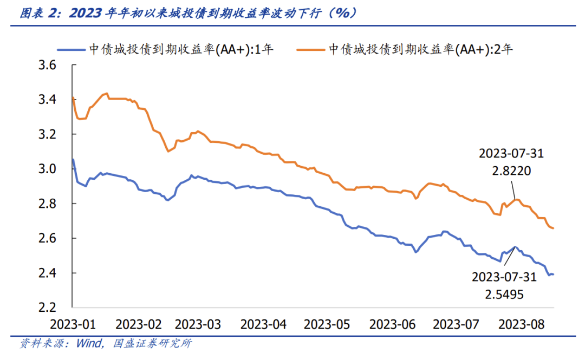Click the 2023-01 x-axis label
72,325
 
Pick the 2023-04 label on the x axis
263,325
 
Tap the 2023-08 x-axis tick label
521,325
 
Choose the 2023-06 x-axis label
392,325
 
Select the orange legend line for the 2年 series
310,50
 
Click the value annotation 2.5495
504,294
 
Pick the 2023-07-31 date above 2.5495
504,277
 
